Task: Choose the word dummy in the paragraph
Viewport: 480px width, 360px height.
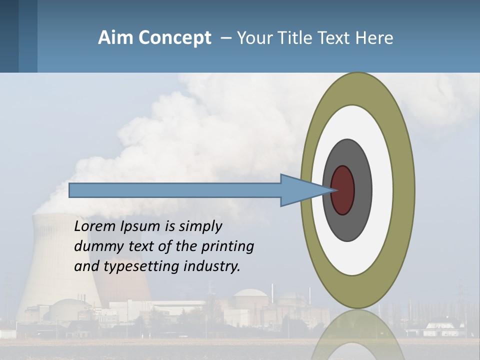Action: coord(95,246)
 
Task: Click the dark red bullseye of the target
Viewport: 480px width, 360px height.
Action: coord(343,190)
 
